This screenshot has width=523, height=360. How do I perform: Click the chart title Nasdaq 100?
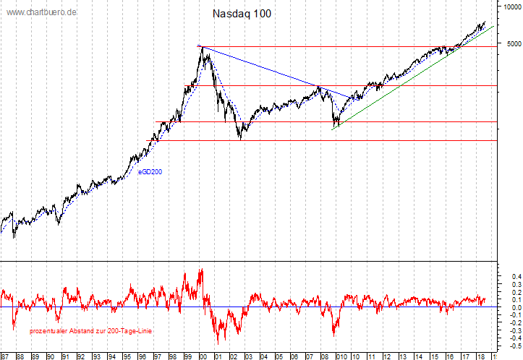242,14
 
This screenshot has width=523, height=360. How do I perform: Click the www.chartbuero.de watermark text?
42,12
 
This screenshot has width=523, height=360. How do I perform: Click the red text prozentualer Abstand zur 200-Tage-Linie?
90,331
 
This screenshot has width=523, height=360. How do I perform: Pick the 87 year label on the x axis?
5,356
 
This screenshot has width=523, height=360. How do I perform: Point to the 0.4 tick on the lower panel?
516,276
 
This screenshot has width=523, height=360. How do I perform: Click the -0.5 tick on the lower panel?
514,346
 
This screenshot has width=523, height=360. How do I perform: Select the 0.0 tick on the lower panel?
516,307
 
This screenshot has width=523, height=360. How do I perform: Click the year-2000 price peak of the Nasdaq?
200,46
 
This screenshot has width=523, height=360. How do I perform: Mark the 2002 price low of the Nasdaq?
240,139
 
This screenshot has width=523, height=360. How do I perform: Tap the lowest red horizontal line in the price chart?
326,141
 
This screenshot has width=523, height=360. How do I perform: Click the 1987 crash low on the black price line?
14,236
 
